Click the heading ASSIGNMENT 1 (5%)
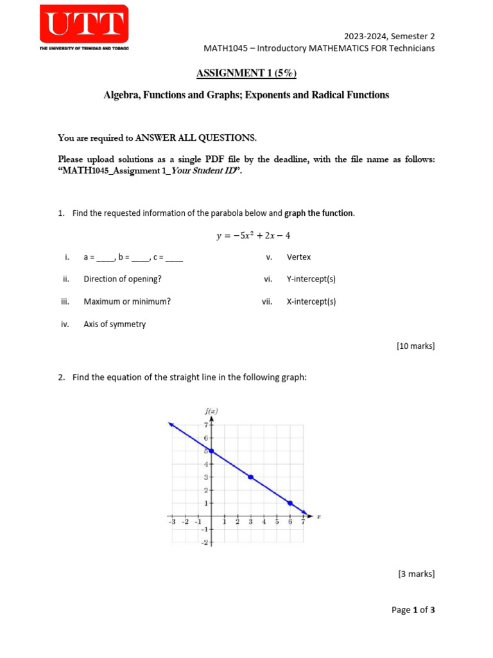pyautogui.click(x=246, y=73)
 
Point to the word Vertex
pyautogui.click(x=298, y=257)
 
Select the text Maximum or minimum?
pyautogui.click(x=127, y=301)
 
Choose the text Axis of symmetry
pyautogui.click(x=114, y=325)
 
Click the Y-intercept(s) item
pyautogui.click(x=311, y=280)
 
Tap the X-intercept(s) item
pyautogui.click(x=311, y=301)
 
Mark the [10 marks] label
pyautogui.click(x=415, y=346)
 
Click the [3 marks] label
pyautogui.click(x=417, y=574)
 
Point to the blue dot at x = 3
pyautogui.click(x=250, y=477)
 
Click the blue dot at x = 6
pyautogui.click(x=290, y=503)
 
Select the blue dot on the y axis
pyautogui.click(x=211, y=450)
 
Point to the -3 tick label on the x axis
pyautogui.click(x=171, y=522)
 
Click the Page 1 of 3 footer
pyautogui.click(x=413, y=610)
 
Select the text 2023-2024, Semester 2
pyautogui.click(x=390, y=37)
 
